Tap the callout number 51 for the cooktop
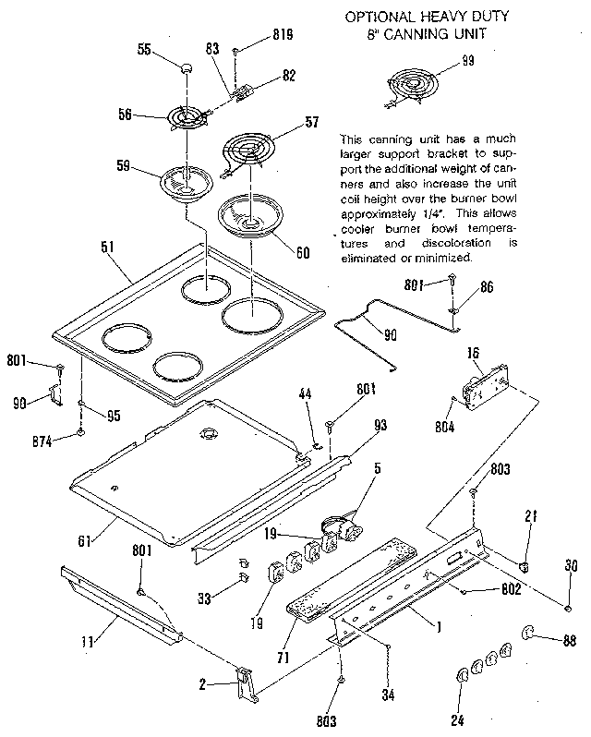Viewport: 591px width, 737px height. pyautogui.click(x=109, y=248)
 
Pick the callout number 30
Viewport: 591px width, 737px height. pyautogui.click(x=570, y=567)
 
